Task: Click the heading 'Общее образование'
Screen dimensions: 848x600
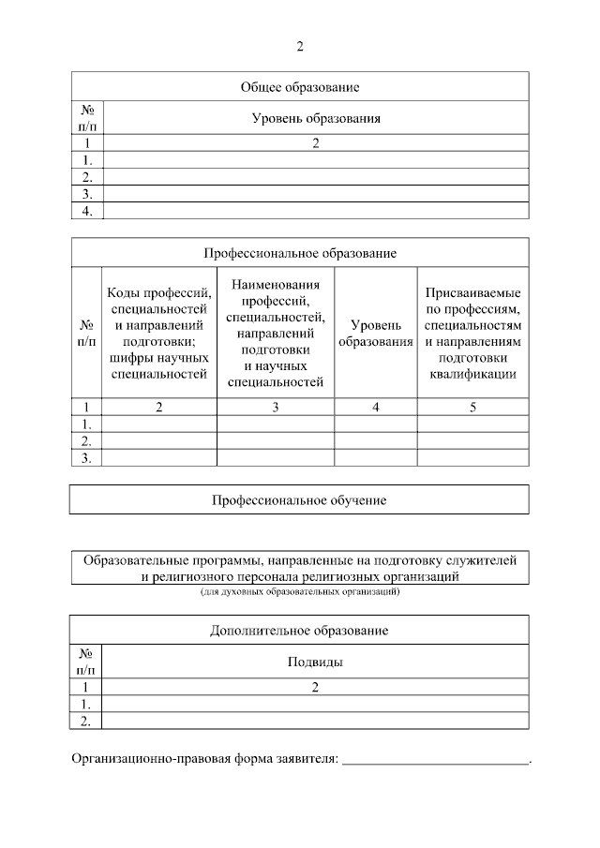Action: click(300, 87)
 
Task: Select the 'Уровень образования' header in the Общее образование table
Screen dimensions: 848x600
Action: click(315, 118)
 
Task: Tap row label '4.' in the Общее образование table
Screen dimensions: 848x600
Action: click(86, 211)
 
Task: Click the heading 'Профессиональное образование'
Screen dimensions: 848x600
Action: click(300, 253)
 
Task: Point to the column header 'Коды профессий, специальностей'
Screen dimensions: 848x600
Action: click(158, 333)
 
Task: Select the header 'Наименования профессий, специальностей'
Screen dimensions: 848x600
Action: click(276, 333)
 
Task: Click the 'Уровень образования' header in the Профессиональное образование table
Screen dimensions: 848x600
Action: click(375, 333)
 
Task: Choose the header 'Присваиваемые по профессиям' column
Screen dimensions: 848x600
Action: click(472, 333)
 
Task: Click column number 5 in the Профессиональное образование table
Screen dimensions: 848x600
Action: click(472, 407)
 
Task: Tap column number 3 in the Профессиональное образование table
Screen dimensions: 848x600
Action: click(276, 407)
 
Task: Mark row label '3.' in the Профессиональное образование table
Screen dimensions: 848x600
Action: click(86, 457)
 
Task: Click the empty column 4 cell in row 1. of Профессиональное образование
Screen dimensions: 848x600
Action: click(375, 424)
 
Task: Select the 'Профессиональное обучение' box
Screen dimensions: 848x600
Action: click(300, 499)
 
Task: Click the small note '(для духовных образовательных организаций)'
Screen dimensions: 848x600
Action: click(300, 592)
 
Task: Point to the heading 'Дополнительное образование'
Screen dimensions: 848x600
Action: click(300, 630)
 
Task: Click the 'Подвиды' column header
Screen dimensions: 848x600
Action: click(315, 662)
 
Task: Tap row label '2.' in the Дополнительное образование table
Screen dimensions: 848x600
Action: click(86, 720)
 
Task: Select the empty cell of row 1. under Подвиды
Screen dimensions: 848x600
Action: click(315, 703)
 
